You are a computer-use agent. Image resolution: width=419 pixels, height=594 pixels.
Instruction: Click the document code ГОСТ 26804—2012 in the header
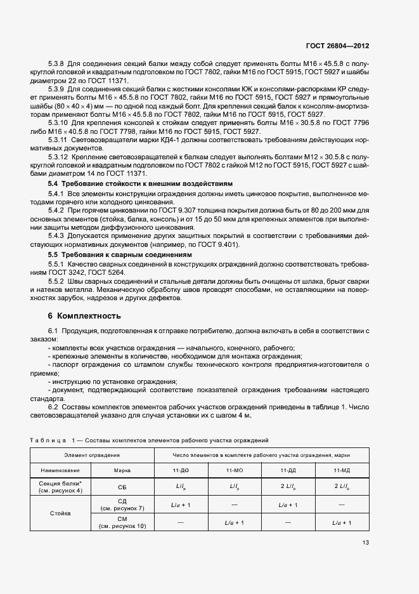point(338,46)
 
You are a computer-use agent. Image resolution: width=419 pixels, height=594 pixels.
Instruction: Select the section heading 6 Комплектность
point(84,315)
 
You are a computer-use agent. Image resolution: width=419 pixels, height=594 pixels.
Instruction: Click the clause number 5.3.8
point(56,64)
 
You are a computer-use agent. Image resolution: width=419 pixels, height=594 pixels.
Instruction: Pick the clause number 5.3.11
point(58,138)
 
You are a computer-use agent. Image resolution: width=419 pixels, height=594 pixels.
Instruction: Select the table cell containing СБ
point(122,488)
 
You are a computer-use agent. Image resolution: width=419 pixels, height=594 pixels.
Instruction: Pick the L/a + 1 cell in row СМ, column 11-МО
point(234,522)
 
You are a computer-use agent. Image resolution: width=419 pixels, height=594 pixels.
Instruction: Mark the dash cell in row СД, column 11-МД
point(342,505)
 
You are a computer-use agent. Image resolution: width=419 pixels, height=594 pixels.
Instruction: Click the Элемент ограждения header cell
point(91,455)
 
